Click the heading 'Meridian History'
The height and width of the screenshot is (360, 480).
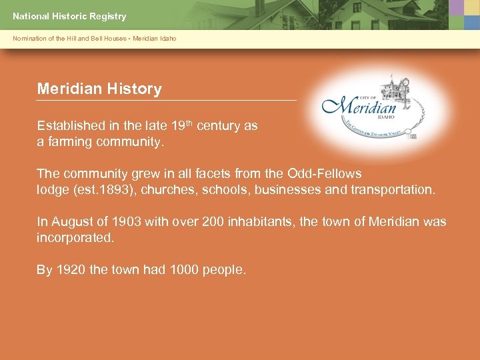(99, 89)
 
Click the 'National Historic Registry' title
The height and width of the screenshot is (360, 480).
(69, 16)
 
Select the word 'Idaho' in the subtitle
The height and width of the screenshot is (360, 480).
(168, 39)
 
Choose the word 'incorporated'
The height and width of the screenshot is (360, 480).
(75, 237)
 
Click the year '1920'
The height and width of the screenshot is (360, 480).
(71, 269)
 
